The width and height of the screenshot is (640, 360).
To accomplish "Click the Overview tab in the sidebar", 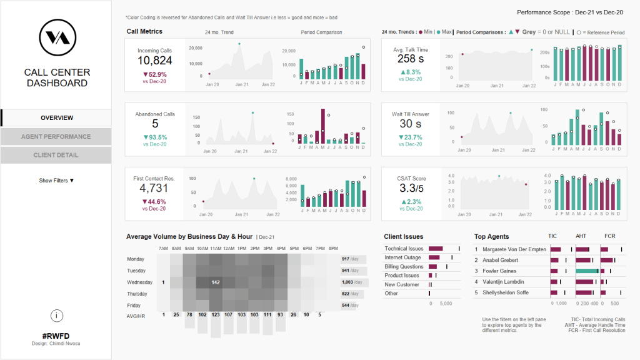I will click(x=56, y=117).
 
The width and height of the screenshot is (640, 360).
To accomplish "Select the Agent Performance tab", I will click(x=56, y=136).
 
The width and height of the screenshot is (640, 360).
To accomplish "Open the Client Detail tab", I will click(x=56, y=155).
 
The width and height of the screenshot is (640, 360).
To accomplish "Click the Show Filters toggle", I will click(x=56, y=181).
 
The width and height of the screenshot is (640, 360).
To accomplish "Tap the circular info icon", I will click(x=56, y=316).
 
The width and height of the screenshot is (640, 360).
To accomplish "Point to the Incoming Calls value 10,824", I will click(x=154, y=61).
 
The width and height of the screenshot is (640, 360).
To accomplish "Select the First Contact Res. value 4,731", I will click(x=154, y=188).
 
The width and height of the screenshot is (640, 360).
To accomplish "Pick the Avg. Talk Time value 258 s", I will click(x=411, y=59).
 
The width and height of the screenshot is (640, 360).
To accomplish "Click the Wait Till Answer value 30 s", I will click(x=411, y=124).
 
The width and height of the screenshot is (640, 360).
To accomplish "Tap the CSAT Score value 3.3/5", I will click(x=411, y=188).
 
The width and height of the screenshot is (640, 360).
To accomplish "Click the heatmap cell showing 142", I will click(x=216, y=282).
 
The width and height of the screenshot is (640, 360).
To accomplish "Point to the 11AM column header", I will click(x=216, y=249).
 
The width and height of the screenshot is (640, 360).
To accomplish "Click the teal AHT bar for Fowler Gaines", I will click(x=587, y=271).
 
